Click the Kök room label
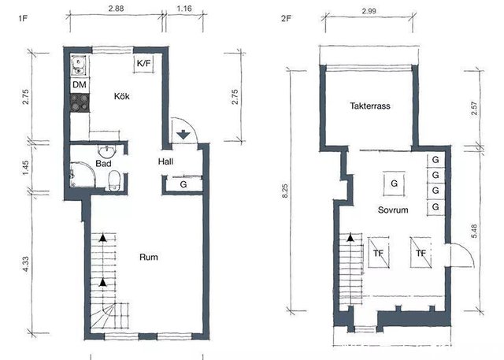tap(122, 96)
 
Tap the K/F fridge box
tap(143, 63)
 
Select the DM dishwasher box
tap(80, 85)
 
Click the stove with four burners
tap(80, 103)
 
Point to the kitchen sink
tap(78, 65)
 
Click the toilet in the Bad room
tap(114, 180)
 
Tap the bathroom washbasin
tap(106, 150)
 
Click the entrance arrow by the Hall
tap(183, 135)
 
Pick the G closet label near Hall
tap(183, 184)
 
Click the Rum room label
tap(149, 257)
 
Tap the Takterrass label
tap(370, 106)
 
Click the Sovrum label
tap(393, 210)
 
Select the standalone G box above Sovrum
tap(394, 184)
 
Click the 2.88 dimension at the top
tap(116, 9)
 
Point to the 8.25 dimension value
tap(285, 191)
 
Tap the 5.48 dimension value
tap(474, 231)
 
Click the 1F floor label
tap(23, 18)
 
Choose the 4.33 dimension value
tap(26, 264)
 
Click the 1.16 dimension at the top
tap(184, 9)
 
